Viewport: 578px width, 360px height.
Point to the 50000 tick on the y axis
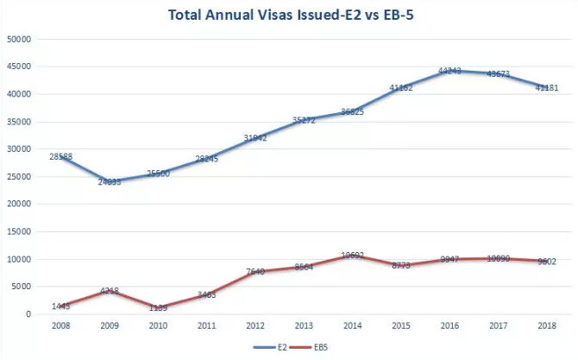19,39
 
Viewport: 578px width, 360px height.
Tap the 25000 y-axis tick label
19,176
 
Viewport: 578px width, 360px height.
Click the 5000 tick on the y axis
22,287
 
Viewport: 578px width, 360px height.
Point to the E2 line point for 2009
110,181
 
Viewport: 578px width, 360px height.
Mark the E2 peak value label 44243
450,71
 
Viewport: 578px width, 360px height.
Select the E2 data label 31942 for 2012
256,138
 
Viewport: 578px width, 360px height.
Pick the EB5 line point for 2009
110,291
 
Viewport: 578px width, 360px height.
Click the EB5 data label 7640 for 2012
256,272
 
